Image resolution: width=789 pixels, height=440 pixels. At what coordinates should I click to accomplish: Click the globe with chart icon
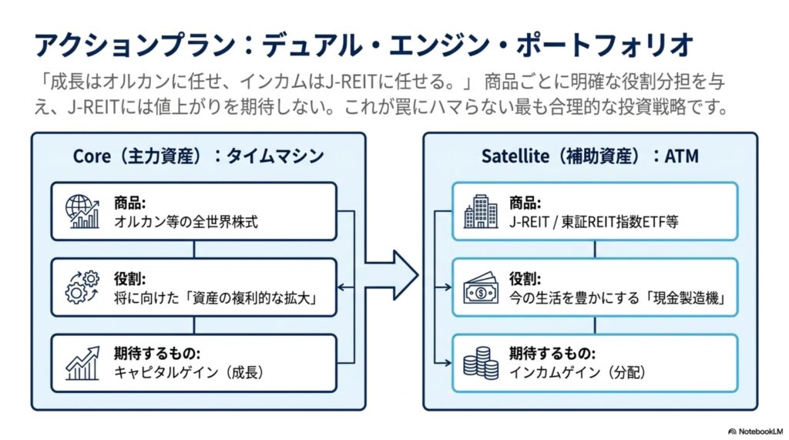pyautogui.click(x=82, y=211)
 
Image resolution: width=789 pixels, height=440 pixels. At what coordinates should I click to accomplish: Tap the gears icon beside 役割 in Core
pyautogui.click(x=82, y=287)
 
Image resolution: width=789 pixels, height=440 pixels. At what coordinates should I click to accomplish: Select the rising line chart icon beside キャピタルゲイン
pyautogui.click(x=82, y=363)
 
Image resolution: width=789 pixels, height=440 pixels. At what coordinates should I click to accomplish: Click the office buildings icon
pyautogui.click(x=481, y=211)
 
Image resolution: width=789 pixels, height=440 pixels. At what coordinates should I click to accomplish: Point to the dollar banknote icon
pyautogui.click(x=481, y=288)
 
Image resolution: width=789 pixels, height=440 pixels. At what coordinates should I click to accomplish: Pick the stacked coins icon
pyautogui.click(x=481, y=363)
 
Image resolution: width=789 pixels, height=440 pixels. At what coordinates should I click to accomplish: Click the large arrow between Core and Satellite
pyautogui.click(x=391, y=275)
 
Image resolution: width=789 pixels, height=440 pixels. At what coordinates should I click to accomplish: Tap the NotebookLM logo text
pyautogui.click(x=755, y=432)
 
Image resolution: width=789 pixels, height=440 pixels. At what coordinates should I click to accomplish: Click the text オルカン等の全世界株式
pyautogui.click(x=186, y=221)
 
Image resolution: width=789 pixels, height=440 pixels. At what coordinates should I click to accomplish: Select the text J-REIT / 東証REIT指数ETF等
pyautogui.click(x=594, y=221)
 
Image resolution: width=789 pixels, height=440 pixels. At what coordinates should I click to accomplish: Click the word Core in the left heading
pyautogui.click(x=92, y=156)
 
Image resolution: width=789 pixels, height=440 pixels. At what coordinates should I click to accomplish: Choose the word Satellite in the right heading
pyautogui.click(x=515, y=156)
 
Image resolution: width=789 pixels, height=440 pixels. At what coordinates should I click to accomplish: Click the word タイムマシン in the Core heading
pyautogui.click(x=275, y=156)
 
